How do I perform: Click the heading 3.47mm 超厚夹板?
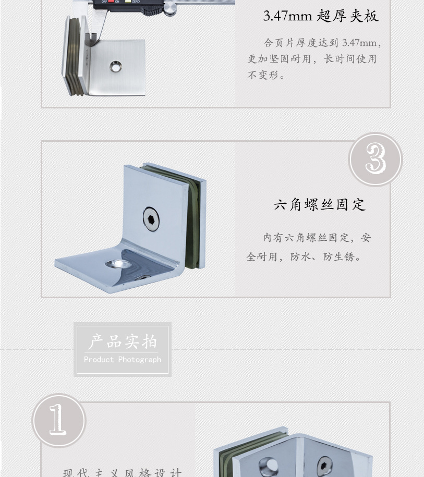[x=320, y=16]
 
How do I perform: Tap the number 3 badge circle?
[x=375, y=159]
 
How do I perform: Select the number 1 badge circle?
[x=58, y=420]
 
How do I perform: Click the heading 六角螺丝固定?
[x=320, y=204]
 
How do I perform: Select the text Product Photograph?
[x=123, y=360]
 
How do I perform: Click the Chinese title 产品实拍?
[x=123, y=342]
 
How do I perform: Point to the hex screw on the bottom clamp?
[x=324, y=463]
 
